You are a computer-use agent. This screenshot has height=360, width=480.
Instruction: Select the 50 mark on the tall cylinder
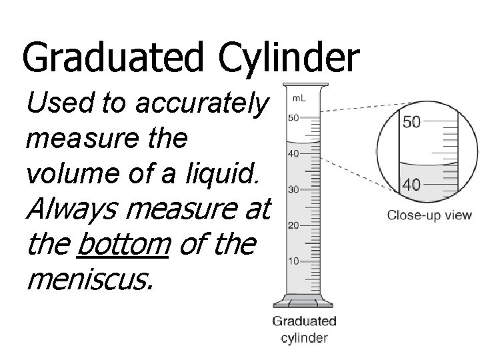coord(293,118)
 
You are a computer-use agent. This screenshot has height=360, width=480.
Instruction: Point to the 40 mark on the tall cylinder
coord(293,154)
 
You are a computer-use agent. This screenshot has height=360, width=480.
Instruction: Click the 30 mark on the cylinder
coord(293,189)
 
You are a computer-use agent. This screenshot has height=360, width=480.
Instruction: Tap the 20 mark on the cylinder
coord(293,225)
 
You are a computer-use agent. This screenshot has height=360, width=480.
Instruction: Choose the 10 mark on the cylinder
coord(293,261)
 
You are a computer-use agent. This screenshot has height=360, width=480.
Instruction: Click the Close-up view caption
coord(429,215)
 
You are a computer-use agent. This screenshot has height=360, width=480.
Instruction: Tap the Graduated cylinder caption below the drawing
coord(304,329)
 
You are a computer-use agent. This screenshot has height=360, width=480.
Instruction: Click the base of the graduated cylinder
coord(304,303)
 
